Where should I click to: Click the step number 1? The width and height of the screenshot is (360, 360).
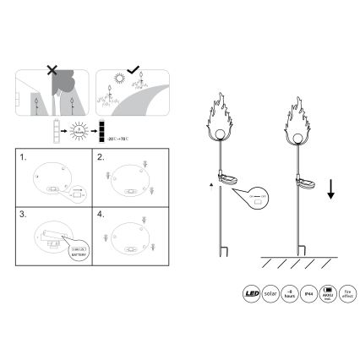25,158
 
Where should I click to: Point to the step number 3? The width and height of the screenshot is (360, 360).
25,215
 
